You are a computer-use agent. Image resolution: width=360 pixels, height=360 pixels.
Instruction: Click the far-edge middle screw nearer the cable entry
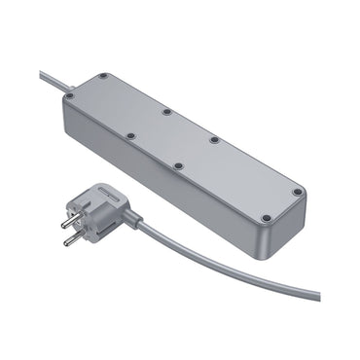tap(166, 110)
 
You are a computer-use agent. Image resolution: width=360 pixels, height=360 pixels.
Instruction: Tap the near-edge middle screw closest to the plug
tap(130, 135)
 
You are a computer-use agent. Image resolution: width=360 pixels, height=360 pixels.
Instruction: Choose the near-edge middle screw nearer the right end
tap(181, 165)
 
